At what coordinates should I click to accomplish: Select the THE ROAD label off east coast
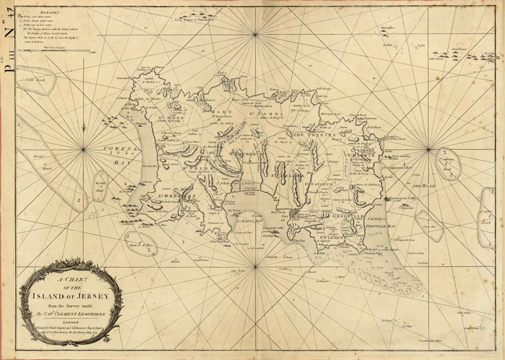[x=424, y=186]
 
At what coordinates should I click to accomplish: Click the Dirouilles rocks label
[x=385, y=28]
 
